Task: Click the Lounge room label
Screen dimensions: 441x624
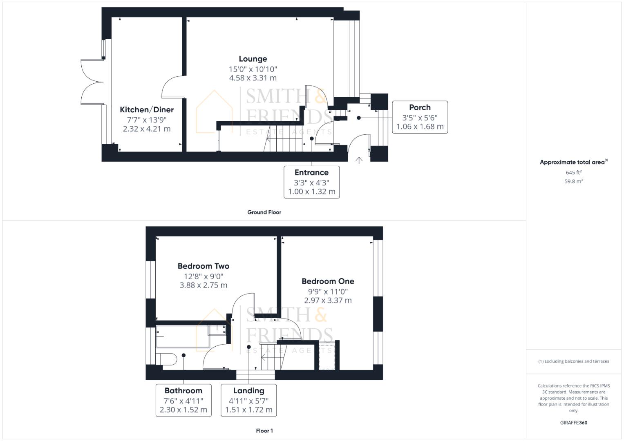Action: [253, 59]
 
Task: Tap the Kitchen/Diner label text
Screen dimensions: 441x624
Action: [147, 110]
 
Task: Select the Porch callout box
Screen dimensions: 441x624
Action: [420, 117]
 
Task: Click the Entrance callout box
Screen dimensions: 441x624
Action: [311, 182]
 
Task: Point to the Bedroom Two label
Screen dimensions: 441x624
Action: [204, 266]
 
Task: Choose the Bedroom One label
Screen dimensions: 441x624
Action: [328, 281]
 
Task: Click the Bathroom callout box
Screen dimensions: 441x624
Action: [183, 400]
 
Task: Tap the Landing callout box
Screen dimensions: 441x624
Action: [248, 400]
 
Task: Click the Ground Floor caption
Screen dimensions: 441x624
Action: [264, 212]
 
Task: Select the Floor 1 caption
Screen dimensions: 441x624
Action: [264, 431]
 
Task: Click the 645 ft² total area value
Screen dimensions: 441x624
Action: [574, 173]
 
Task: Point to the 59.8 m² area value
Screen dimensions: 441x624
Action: [574, 181]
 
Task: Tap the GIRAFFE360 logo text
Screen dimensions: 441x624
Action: [574, 423]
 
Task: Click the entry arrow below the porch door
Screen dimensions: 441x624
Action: [359, 160]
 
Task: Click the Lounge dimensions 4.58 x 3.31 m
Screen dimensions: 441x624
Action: [253, 78]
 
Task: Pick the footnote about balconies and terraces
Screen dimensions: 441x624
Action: [574, 361]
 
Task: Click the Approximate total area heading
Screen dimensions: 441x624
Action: [573, 162]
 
